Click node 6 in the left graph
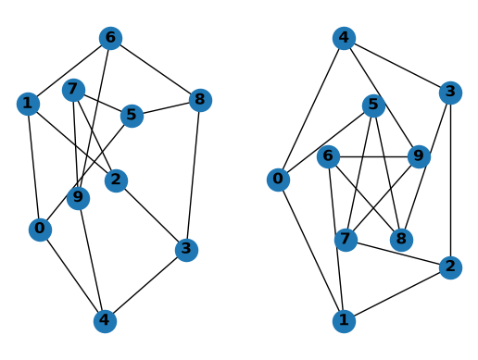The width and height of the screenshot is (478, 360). click(x=110, y=38)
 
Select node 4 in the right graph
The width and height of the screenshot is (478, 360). click(x=344, y=38)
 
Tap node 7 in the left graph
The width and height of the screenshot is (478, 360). click(x=73, y=90)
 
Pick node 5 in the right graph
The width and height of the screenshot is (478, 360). click(x=373, y=106)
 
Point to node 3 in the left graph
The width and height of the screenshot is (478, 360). click(x=186, y=250)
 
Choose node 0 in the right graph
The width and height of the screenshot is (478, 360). click(x=278, y=180)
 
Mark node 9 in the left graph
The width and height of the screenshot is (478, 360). click(x=78, y=198)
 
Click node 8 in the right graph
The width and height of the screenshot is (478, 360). click(x=401, y=240)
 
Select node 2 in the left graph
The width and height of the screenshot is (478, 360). click(x=116, y=180)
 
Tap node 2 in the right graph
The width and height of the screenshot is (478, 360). click(x=450, y=267)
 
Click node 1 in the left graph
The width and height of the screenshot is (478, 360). click(x=28, y=104)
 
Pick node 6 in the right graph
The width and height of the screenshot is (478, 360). click(x=328, y=156)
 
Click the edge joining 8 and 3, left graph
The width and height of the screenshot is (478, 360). click(x=194, y=175)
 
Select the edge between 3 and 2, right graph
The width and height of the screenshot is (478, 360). click(x=450, y=180)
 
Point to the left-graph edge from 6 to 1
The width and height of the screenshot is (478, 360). click(x=69, y=71)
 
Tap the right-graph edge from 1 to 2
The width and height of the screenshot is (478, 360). click(x=397, y=294)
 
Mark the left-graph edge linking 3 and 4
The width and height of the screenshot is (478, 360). click(x=145, y=285)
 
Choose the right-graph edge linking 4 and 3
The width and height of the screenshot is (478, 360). click(x=397, y=66)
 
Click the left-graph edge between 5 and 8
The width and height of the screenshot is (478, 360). click(x=166, y=107)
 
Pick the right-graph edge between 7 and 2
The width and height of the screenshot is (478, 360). click(x=398, y=254)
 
